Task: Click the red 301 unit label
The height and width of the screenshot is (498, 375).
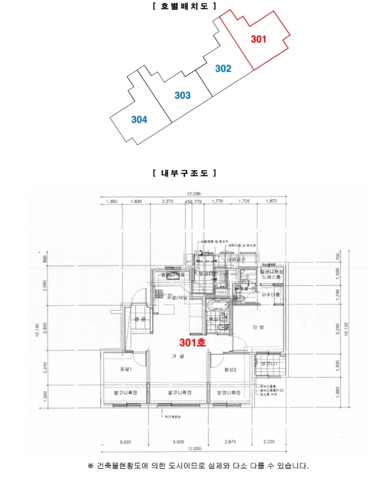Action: tap(258, 39)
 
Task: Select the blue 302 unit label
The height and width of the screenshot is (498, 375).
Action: tap(223, 69)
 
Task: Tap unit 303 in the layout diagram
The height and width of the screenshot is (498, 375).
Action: tap(182, 95)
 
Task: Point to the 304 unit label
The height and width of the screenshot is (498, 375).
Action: tap(139, 120)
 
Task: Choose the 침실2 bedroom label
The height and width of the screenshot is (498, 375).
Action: tap(228, 371)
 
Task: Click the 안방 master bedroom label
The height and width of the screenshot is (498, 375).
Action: tap(258, 328)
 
